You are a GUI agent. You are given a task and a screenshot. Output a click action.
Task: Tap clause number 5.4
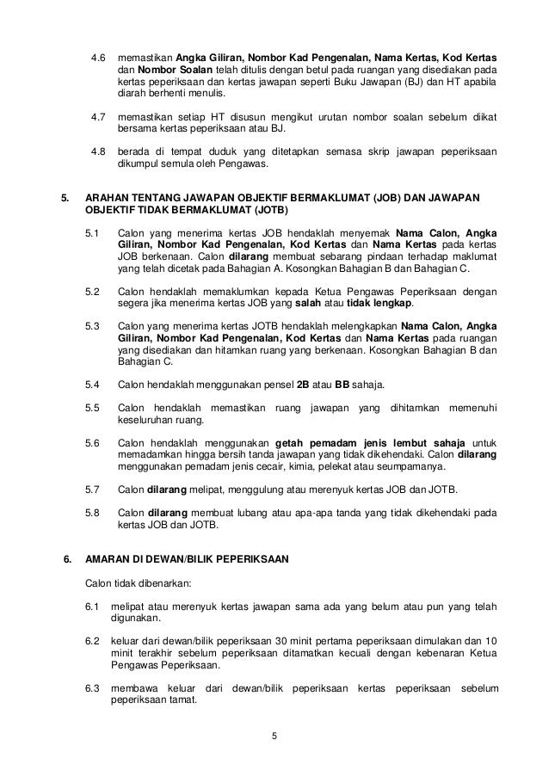point(93,383)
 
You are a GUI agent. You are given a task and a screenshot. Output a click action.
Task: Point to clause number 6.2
point(93,642)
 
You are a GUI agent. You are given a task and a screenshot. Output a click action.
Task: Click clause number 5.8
point(93,513)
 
